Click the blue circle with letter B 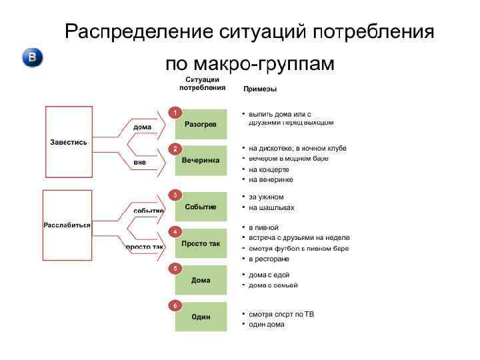33,58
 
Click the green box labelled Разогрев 201,125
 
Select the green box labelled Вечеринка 201,161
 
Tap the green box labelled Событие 201,207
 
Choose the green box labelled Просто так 201,244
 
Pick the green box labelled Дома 201,281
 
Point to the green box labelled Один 201,317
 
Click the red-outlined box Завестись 69,142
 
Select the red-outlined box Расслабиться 67,225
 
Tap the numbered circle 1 175,113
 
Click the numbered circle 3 175,195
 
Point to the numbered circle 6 175,305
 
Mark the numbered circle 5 175,268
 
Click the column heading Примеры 260,89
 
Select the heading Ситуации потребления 202,83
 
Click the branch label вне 139,162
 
